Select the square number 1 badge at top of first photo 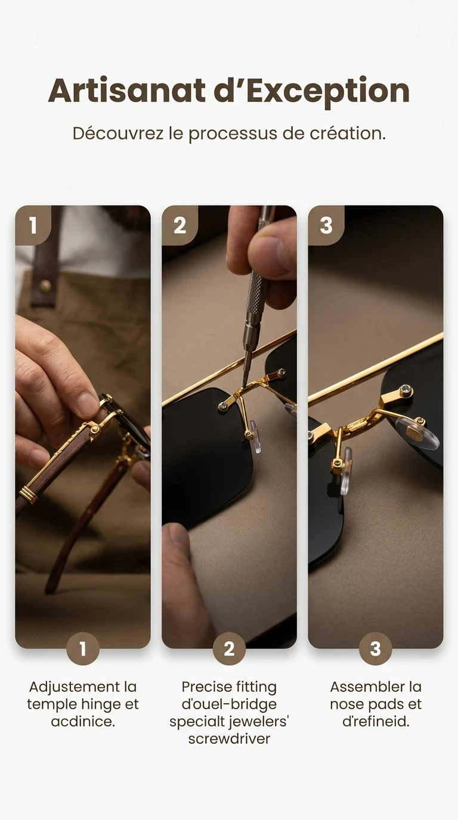(x=32, y=225)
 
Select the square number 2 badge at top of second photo (x=180, y=225)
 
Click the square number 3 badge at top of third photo (x=326, y=225)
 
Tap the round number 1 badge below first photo (x=82, y=649)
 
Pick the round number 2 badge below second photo (x=229, y=649)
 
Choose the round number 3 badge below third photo (x=375, y=649)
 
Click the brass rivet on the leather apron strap (x=45, y=285)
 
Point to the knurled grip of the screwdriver (x=257, y=295)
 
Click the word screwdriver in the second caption (x=229, y=739)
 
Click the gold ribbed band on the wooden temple (x=27, y=494)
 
